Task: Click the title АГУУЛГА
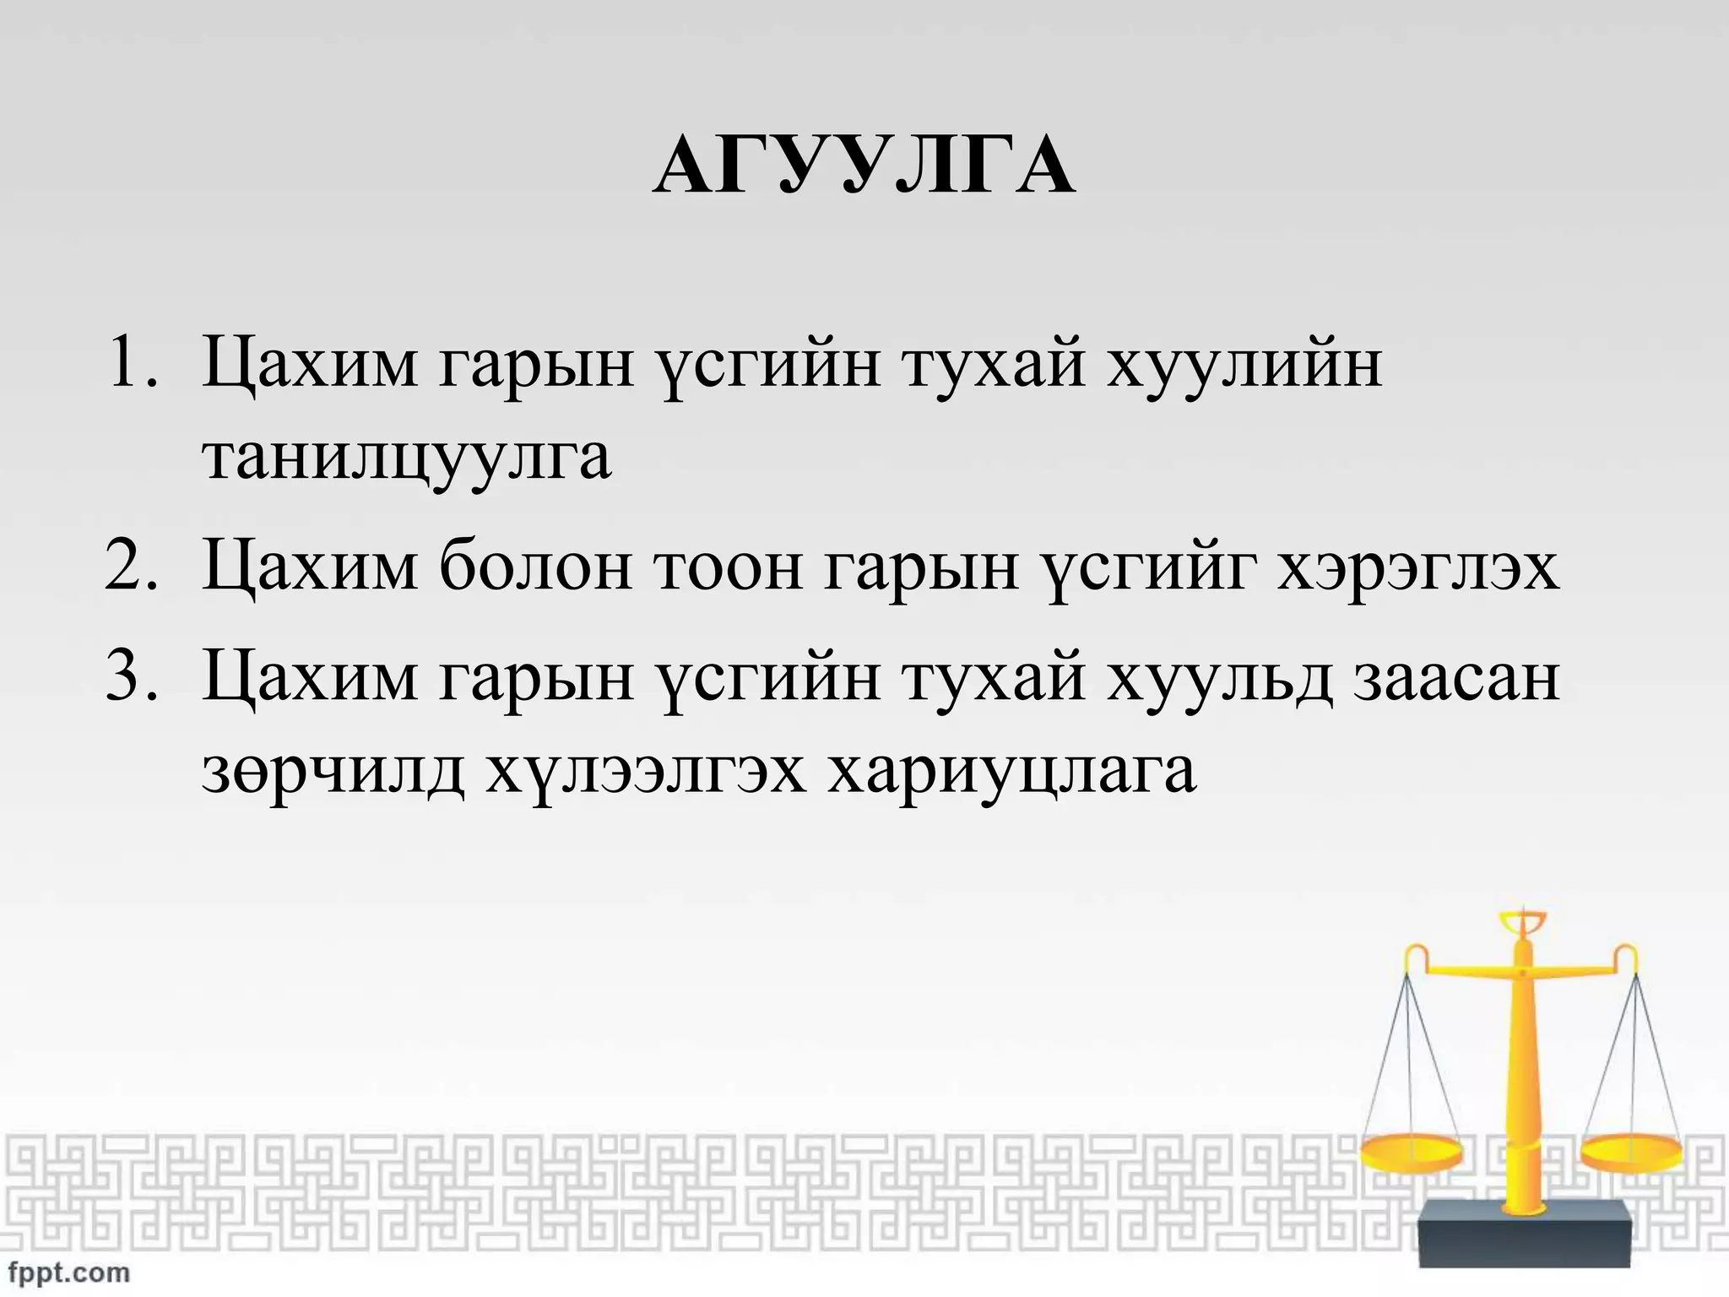click(x=864, y=166)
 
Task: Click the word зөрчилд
click(x=333, y=772)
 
